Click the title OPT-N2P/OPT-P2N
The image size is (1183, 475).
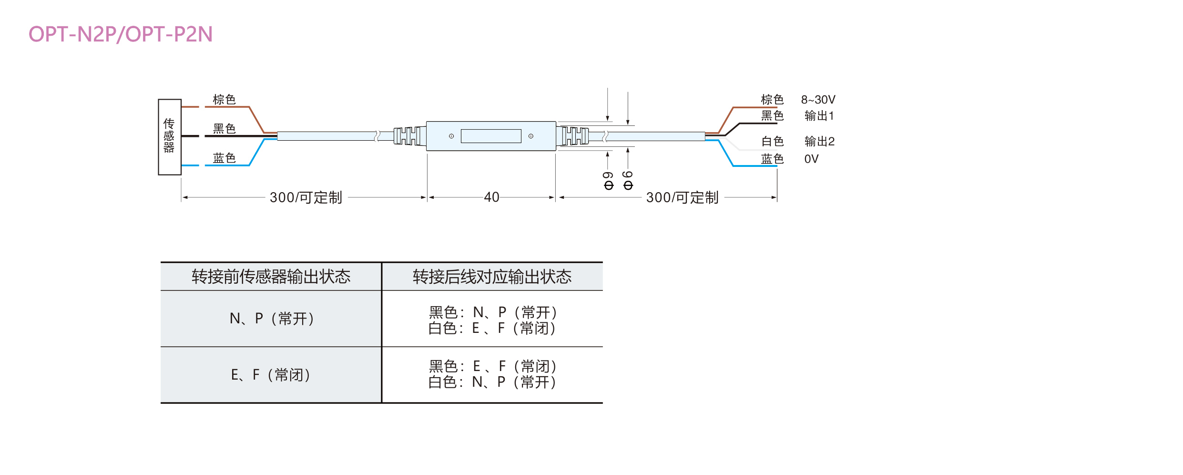pos(121,34)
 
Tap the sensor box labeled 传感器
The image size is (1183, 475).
pos(169,136)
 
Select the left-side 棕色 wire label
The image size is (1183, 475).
pos(224,99)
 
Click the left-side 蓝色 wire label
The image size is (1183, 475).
pos(224,158)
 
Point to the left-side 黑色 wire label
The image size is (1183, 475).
pos(224,128)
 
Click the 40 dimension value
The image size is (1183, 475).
pos(491,197)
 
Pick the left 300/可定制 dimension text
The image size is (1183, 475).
pos(306,197)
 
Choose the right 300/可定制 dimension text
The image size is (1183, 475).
pos(682,197)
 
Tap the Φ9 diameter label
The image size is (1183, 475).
pos(608,181)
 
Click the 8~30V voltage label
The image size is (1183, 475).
pos(818,100)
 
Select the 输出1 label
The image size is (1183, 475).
pos(819,116)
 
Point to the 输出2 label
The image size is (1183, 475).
pos(819,141)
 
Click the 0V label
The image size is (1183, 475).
pos(811,159)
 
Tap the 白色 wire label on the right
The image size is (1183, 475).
pos(772,141)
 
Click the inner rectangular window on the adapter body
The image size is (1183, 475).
pos(491,136)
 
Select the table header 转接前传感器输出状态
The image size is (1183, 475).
pos(271,277)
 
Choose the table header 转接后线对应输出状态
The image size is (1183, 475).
pos(492,277)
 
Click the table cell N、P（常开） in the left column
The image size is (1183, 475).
pos(271,318)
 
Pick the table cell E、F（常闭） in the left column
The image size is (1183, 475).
pos(270,375)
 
